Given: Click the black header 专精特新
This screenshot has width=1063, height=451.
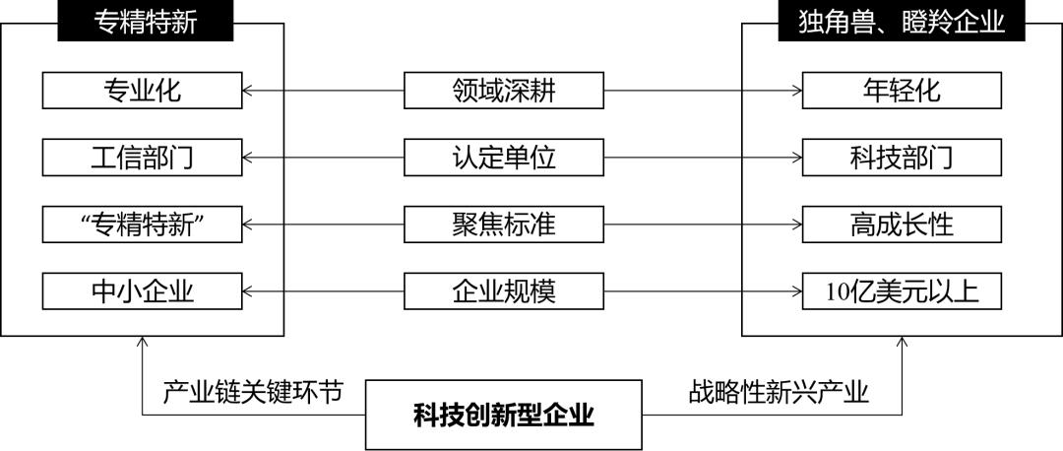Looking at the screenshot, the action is coord(145,21).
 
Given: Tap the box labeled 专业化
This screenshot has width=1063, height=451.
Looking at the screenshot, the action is coord(143,91).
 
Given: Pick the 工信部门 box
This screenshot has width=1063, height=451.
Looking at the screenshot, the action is coord(143,158).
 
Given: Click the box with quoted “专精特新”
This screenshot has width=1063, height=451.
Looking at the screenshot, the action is coord(143,225).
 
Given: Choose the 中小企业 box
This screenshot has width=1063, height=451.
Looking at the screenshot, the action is coord(143,290).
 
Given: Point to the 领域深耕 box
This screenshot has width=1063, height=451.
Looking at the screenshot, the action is coord(504,91).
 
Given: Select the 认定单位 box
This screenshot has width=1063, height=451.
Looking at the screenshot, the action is coord(504,158).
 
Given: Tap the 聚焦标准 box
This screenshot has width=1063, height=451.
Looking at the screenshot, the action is coord(504,225).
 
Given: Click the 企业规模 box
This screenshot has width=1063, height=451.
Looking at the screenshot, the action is coord(504,290).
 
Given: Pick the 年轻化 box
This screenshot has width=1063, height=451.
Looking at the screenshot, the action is coord(903,91).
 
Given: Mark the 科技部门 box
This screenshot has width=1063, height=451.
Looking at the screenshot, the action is coord(903,158).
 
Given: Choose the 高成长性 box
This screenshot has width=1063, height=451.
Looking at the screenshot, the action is coord(903,225).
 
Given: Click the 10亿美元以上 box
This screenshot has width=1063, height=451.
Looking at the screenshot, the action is coord(903,290).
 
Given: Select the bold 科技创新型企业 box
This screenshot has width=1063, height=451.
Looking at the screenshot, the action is coord(504,415).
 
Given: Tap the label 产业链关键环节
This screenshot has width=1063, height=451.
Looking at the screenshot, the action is coord(253,393).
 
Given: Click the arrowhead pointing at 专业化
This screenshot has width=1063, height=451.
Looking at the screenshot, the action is coord(248,91).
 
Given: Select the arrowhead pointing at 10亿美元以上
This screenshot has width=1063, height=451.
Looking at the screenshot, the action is coord(796,290).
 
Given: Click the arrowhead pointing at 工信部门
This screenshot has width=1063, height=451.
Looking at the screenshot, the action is coord(248,158).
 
